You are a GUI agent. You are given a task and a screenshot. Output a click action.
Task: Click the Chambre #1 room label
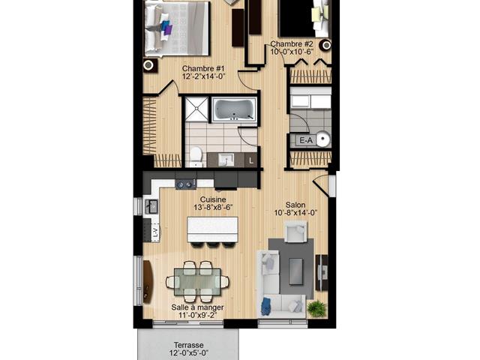click(203, 68)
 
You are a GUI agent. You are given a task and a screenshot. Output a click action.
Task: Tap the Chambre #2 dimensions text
click(292, 52)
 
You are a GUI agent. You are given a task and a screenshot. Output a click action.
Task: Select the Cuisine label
click(213, 199)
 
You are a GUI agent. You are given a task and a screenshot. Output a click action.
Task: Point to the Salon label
click(295, 205)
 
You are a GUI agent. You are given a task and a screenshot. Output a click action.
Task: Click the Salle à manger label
click(197, 307)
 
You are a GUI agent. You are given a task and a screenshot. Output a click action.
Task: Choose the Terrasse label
click(189, 345)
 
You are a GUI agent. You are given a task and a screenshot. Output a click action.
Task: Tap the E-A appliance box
click(306, 140)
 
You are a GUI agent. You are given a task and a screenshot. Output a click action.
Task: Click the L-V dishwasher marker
click(156, 232)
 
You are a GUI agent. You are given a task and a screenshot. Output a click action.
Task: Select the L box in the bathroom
click(251, 160)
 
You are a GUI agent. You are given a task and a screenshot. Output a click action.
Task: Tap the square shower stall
click(196, 109)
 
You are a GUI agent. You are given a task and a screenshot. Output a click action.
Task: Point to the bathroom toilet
click(196, 156)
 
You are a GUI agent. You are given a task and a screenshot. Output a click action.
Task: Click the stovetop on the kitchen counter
click(186, 184)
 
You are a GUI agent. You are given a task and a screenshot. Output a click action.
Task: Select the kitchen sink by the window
click(151, 206)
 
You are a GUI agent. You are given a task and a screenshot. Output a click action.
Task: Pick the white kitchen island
click(212, 229)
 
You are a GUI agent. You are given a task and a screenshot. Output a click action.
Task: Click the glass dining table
click(197, 282)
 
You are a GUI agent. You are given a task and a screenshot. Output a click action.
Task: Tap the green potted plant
click(316, 308)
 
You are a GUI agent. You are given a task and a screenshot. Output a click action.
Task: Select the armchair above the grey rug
click(295, 231)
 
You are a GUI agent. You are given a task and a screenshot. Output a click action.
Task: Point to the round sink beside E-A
click(323, 139)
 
